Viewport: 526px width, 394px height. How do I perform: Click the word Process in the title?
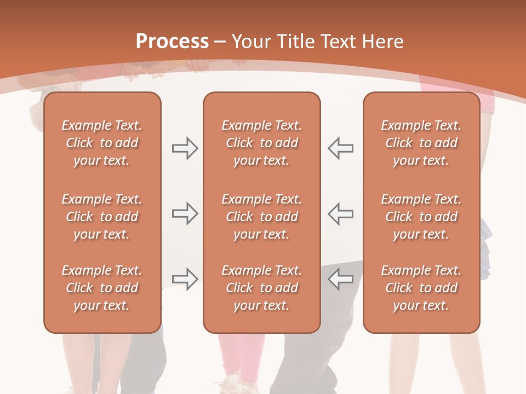172,42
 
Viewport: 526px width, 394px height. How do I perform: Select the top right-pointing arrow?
185,148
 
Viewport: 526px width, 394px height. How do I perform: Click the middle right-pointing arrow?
185,213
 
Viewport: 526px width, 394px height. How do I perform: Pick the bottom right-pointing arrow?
185,279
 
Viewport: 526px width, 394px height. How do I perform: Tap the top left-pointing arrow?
341,148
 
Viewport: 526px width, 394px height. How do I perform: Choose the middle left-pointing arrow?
341,213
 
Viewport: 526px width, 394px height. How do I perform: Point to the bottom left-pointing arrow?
341,279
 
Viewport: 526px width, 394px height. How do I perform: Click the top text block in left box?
102,143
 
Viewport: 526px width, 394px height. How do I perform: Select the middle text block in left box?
102,217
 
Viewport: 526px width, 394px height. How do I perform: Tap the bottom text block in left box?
102,288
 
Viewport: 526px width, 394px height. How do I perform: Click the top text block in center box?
261,143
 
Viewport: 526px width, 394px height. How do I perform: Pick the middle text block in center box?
261,217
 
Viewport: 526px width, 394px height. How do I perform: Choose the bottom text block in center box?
261,288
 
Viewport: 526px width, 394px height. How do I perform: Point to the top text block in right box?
421,143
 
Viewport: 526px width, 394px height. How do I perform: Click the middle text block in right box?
421,217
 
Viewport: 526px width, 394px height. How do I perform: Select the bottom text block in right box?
421,288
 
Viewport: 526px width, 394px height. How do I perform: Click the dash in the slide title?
220,42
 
